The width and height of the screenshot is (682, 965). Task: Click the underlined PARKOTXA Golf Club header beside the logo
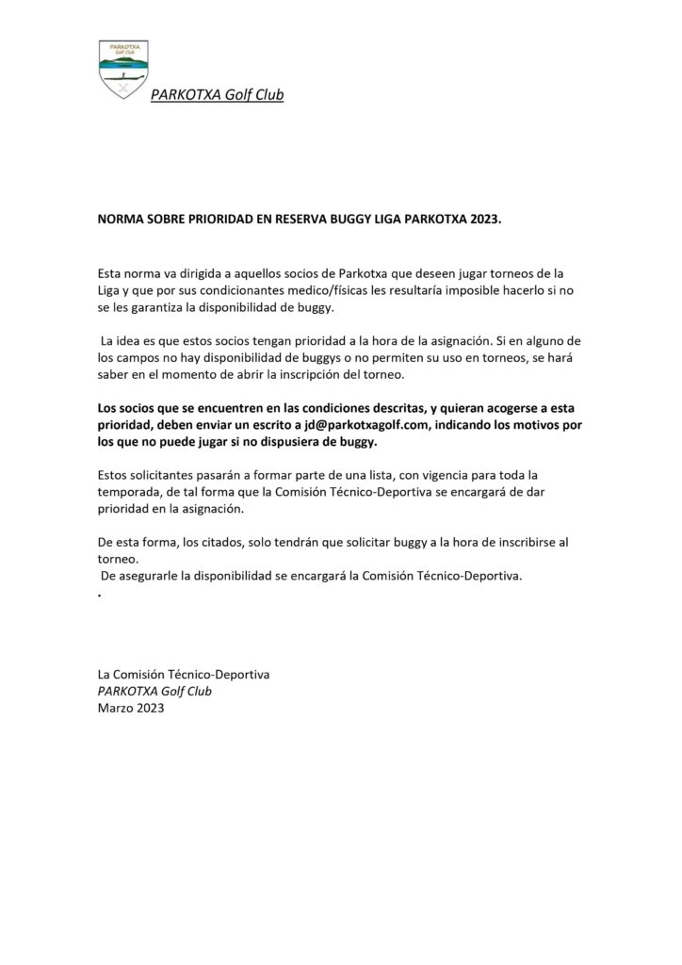click(217, 94)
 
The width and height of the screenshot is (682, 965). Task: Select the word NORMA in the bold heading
click(121, 218)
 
